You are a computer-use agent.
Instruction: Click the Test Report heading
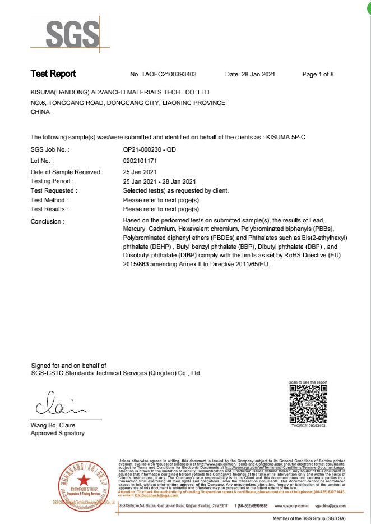tap(53, 74)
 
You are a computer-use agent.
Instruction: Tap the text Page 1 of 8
tap(318, 74)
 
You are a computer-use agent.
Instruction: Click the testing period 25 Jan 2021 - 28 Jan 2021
tap(159, 181)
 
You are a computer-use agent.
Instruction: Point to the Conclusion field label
tap(47, 222)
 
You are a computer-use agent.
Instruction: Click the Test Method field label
tap(49, 200)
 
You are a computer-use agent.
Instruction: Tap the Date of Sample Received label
tap(67, 172)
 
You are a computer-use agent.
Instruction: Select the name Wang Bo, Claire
tap(53, 425)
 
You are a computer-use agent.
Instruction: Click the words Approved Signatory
tap(57, 433)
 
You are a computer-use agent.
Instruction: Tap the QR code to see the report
tap(308, 404)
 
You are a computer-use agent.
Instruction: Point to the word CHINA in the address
tap(40, 112)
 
